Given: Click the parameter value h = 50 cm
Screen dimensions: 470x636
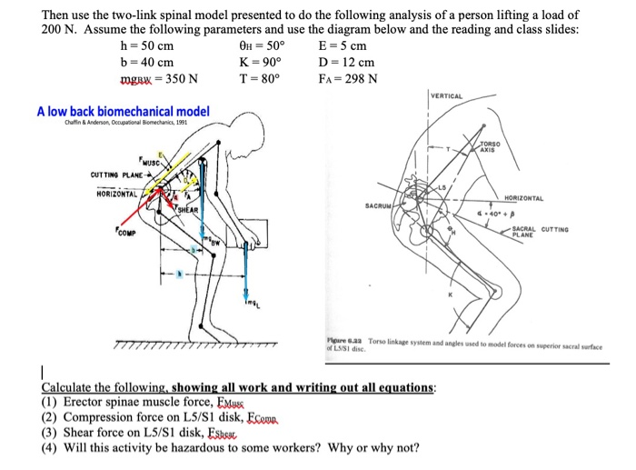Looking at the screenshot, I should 146,46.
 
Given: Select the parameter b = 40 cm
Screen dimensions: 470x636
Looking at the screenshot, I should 146,62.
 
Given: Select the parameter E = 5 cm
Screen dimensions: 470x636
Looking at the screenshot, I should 343,46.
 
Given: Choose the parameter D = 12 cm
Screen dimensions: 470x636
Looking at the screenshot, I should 346,62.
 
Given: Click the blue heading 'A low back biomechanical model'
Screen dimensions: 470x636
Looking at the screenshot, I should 123,112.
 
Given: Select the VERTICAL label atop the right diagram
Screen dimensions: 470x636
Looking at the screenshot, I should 446,96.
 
